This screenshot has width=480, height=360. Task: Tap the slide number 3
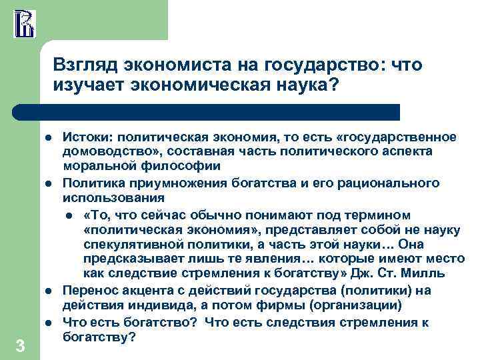(20, 345)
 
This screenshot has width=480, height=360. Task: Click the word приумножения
(157, 183)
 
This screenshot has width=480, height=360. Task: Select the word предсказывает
(131, 259)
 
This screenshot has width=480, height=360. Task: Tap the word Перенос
(86, 291)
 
